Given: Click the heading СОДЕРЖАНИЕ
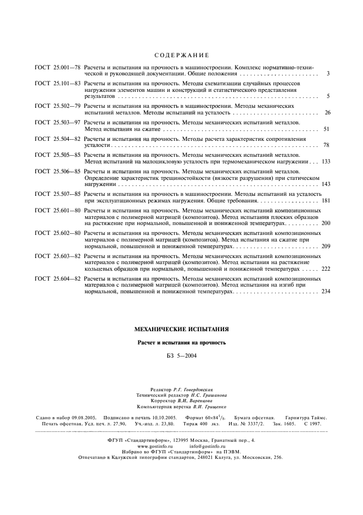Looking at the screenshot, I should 181,55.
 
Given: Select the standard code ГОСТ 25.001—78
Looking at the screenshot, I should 58,67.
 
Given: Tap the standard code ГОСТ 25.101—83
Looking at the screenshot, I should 58,83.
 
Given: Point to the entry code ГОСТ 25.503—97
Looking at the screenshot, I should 58,121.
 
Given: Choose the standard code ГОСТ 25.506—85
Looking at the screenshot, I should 58,172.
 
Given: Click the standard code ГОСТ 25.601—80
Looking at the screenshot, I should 58,210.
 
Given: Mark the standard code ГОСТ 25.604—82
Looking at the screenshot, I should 58,279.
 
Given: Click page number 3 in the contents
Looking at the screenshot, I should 327,73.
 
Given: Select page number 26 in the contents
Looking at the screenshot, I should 327,112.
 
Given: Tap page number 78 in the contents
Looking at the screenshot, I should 327,146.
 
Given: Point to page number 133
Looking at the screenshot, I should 326,162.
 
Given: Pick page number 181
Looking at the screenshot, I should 326,201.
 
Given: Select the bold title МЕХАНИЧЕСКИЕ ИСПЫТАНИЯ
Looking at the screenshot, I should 181,329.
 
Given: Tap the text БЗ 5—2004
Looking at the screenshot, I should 181,356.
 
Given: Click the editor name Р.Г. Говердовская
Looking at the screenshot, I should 197,389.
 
